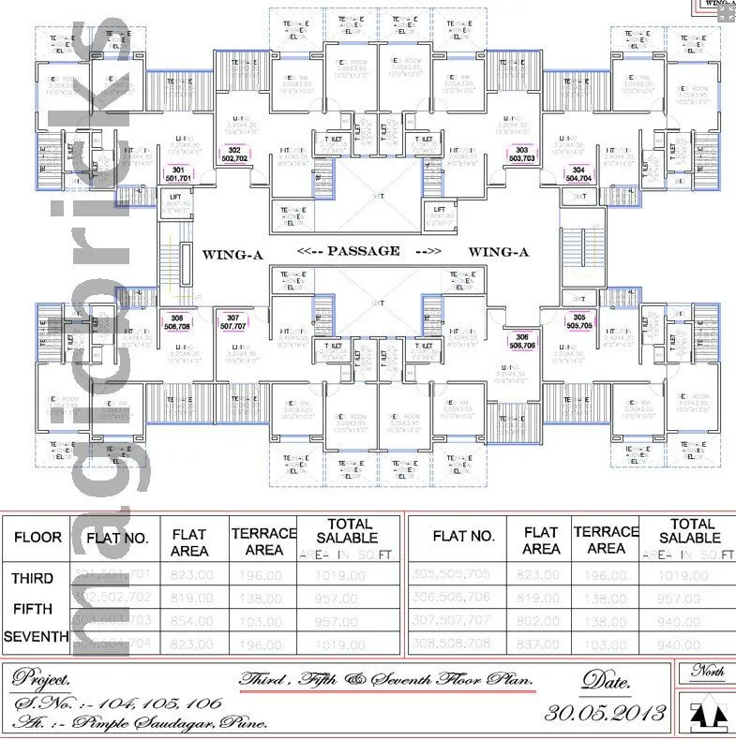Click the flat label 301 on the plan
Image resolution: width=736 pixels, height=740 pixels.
click(178, 170)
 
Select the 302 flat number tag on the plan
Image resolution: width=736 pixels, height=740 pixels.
click(233, 150)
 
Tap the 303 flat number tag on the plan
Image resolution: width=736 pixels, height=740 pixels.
click(522, 150)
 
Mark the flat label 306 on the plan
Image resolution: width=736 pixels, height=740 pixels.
click(522, 338)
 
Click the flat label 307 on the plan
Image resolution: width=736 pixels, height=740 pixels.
click(233, 318)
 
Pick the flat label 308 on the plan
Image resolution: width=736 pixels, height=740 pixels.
click(177, 318)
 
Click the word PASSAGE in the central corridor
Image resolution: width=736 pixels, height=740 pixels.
click(363, 251)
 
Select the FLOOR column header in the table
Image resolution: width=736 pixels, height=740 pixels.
click(38, 538)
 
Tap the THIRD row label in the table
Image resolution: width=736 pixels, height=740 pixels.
click(32, 578)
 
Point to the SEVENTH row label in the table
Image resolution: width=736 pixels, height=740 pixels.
click(37, 637)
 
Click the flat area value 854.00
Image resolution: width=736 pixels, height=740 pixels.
click(189, 621)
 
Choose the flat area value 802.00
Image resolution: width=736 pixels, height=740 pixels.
click(541, 621)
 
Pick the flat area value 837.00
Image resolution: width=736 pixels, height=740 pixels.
click(541, 644)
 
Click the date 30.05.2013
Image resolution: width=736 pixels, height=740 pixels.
click(605, 712)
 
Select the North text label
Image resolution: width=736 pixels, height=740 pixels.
click(708, 671)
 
